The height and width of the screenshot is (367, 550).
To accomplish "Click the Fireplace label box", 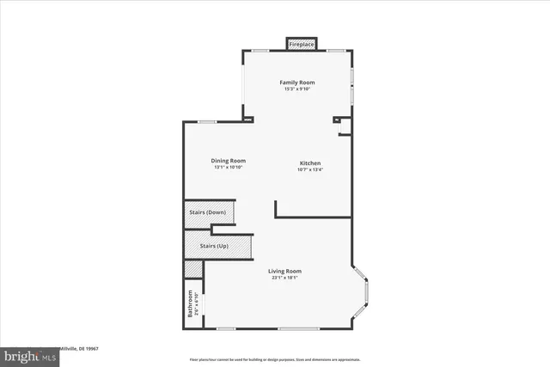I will click(301, 44).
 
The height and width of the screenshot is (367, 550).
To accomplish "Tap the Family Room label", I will click(296, 83).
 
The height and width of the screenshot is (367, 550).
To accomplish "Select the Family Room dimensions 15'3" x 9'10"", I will click(296, 89).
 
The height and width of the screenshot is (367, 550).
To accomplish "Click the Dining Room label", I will click(229, 161).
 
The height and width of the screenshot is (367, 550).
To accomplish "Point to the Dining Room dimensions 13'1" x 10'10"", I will click(229, 168).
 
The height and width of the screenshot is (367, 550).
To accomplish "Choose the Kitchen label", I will click(310, 163).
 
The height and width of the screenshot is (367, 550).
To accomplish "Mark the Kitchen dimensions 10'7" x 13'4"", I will click(310, 170).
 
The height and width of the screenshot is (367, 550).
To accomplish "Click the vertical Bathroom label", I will click(190, 303).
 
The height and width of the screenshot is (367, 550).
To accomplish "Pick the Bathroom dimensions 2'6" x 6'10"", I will click(197, 305).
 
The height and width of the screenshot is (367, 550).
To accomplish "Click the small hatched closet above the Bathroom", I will click(194, 268).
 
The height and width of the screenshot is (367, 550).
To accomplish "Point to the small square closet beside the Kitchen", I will click(345, 128).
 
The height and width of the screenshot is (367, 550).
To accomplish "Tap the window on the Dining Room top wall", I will click(206, 122).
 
